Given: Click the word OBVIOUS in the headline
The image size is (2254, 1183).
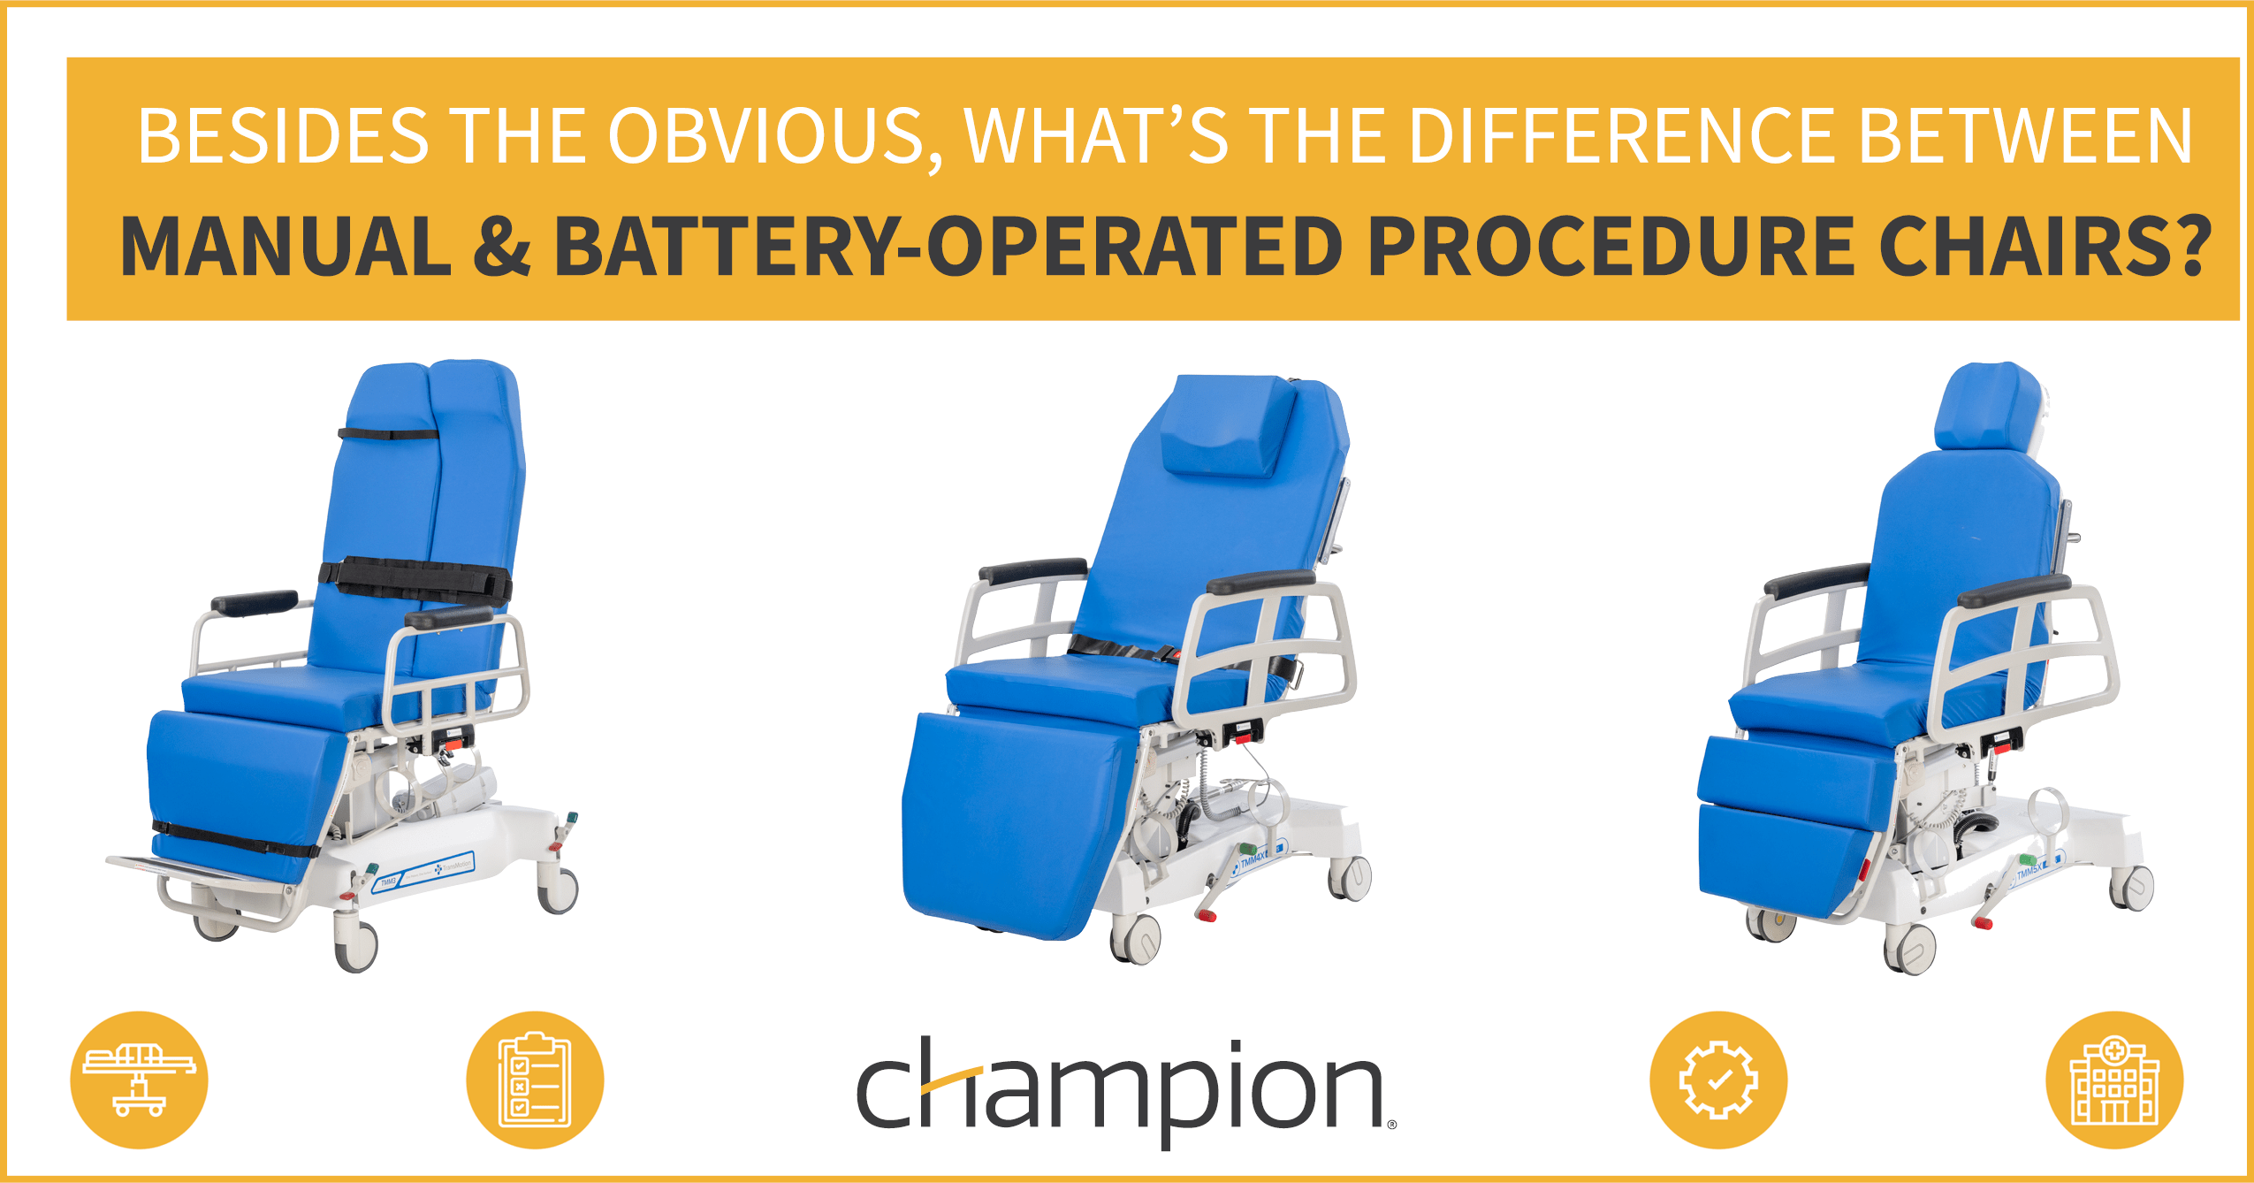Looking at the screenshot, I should [x=765, y=137].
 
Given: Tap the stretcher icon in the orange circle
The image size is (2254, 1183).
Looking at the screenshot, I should [x=139, y=1080].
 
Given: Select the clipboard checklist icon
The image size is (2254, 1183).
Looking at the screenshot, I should [x=535, y=1080].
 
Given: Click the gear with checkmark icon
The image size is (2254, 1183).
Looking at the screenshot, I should [x=1717, y=1080].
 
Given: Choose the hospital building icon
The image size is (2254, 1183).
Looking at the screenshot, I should [x=2113, y=1080].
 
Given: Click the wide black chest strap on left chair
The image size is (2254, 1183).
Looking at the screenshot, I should [x=415, y=579].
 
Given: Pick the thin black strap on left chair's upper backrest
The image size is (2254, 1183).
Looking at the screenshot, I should [x=389, y=433].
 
